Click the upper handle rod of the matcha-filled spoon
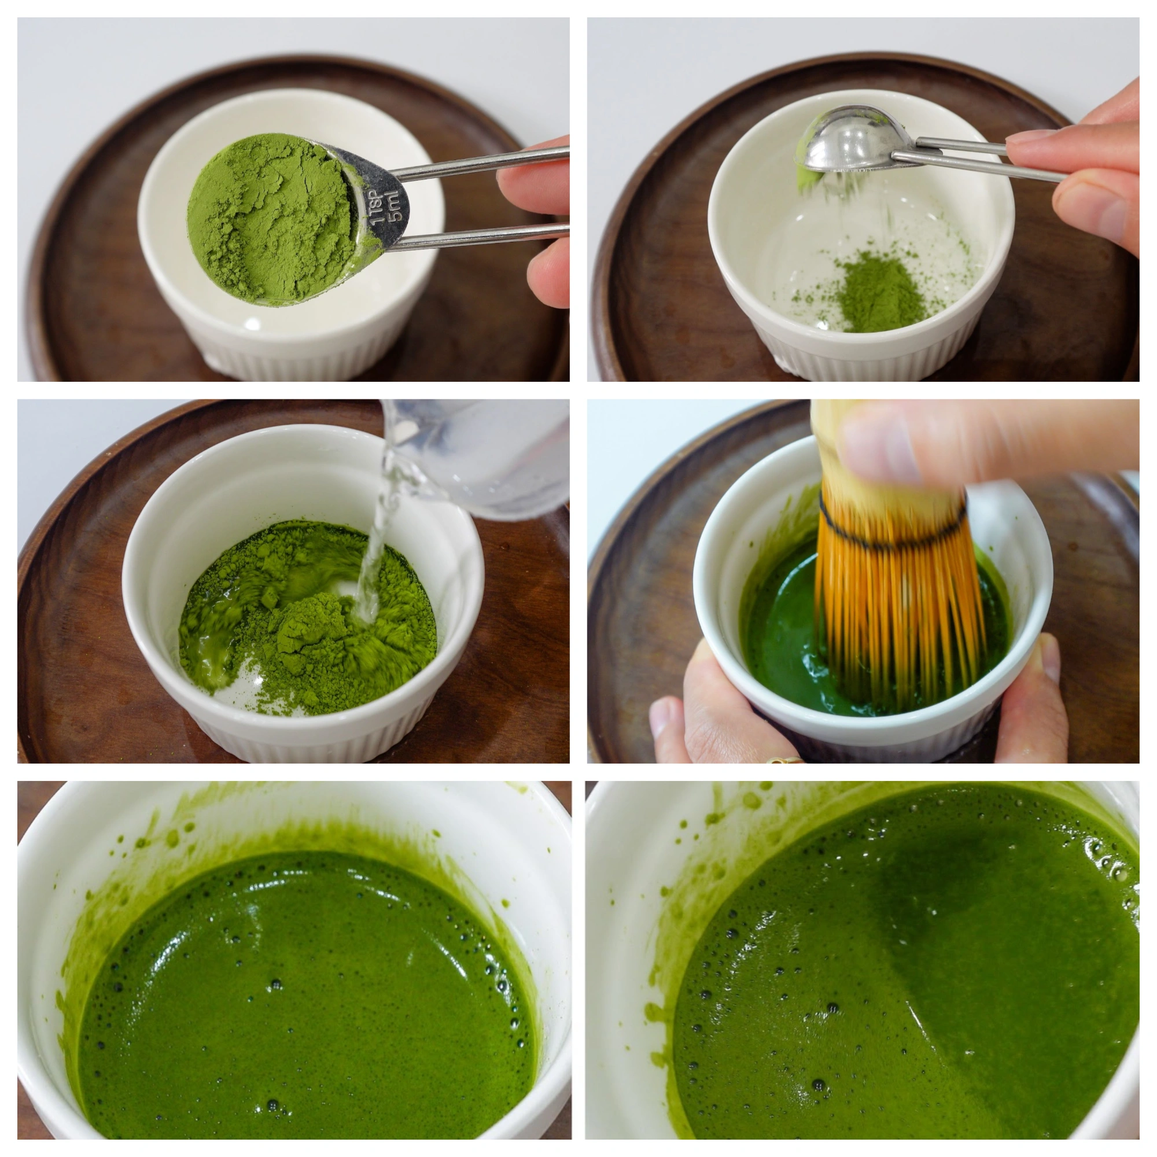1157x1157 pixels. [x=479, y=164]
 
